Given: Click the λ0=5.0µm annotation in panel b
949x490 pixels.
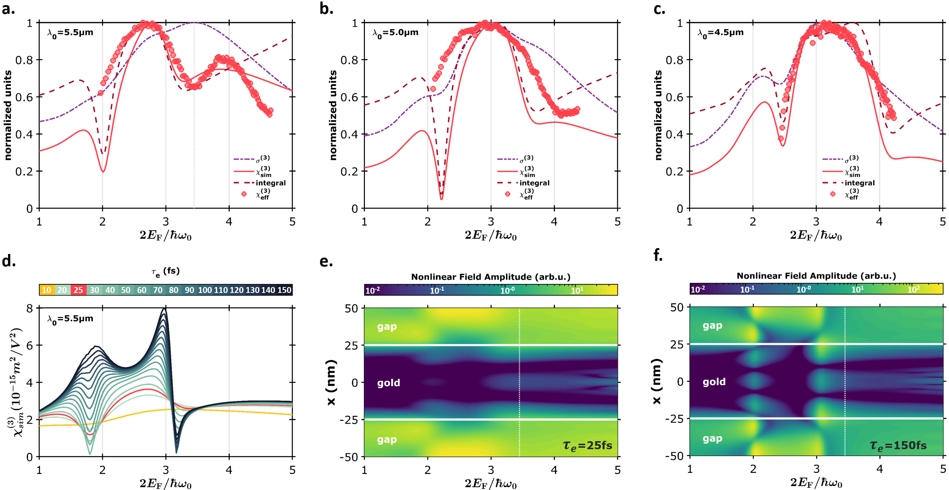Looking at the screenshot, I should pyautogui.click(x=395, y=33).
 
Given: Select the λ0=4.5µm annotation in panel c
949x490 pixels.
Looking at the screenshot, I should pyautogui.click(x=720, y=33).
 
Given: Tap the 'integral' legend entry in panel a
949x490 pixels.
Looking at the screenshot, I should pyautogui.click(x=271, y=183).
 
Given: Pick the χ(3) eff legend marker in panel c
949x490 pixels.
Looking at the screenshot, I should pyautogui.click(x=833, y=194).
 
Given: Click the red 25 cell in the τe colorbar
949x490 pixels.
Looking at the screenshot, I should pyautogui.click(x=78, y=290).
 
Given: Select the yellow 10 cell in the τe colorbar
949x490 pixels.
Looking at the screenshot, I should pyautogui.click(x=46, y=290).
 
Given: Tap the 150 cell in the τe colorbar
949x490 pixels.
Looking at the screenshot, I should pyautogui.click(x=284, y=290).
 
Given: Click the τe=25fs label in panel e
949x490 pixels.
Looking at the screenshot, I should pyautogui.click(x=587, y=446).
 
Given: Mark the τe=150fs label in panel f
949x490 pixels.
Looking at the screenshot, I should pyautogui.click(x=898, y=446).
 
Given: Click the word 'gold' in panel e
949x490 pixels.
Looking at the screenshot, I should pyautogui.click(x=388, y=383).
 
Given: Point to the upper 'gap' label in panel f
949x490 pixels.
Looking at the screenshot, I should pyautogui.click(x=712, y=325).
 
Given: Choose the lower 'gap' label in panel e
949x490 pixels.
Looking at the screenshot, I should pyautogui.click(x=386, y=440).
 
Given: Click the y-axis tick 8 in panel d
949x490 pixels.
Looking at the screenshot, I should pyautogui.click(x=30, y=308).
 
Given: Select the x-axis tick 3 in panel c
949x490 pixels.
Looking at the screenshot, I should pyautogui.click(x=816, y=222).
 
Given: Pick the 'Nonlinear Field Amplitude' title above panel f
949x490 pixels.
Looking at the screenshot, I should pyautogui.click(x=816, y=276).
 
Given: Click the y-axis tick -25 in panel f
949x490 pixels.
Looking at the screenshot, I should pyautogui.click(x=674, y=419).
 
